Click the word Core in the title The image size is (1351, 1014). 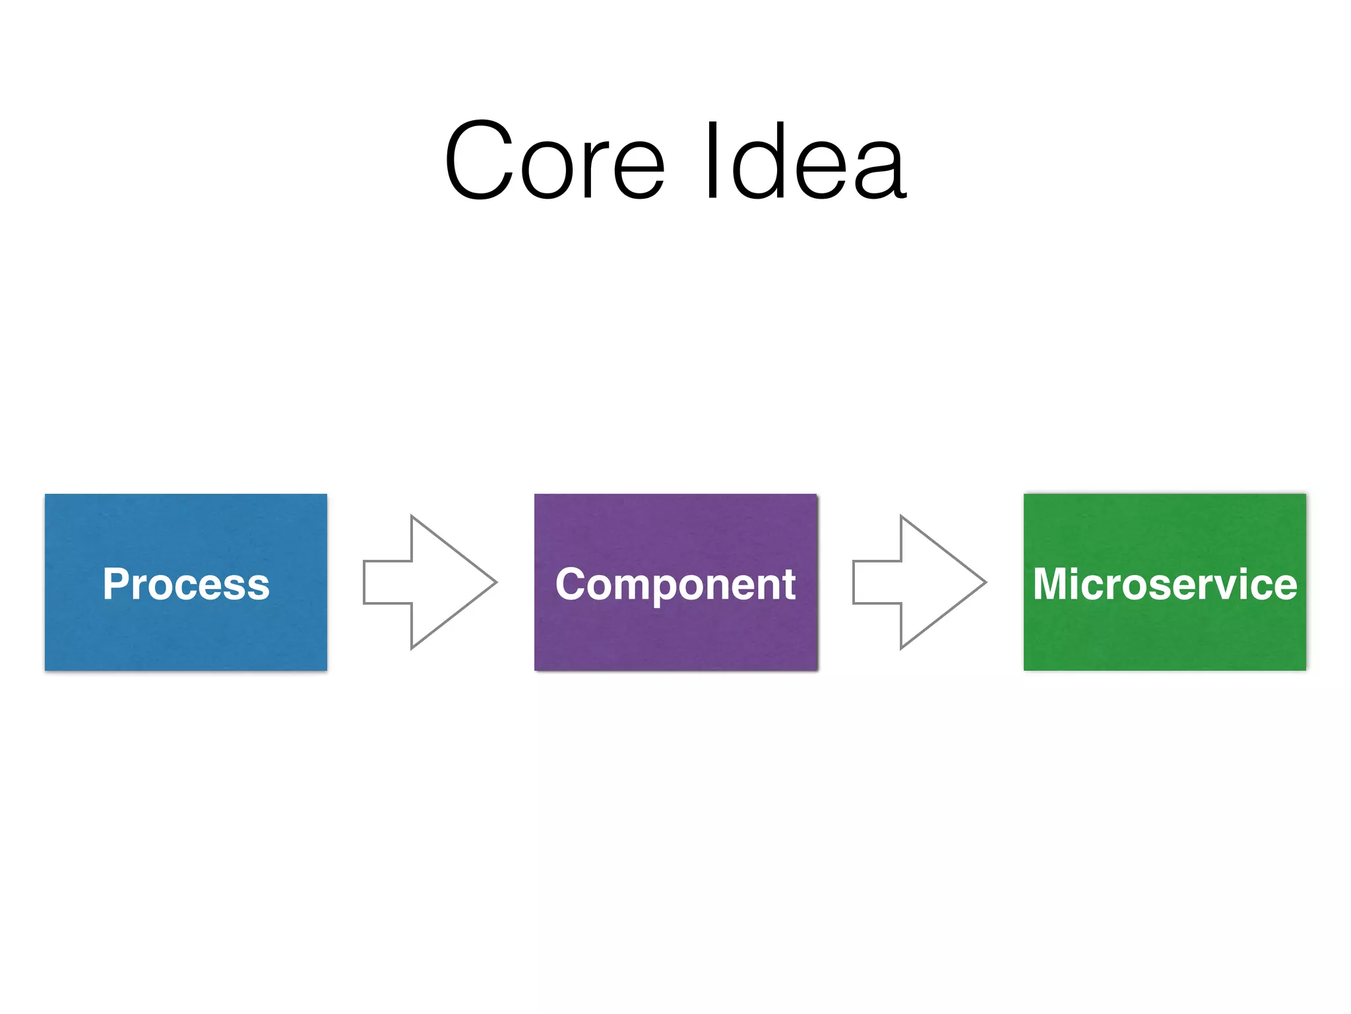(x=554, y=160)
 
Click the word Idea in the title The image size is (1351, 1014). (x=805, y=160)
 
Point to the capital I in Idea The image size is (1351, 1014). (x=712, y=160)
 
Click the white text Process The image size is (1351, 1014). (x=186, y=584)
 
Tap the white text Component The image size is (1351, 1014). (x=675, y=584)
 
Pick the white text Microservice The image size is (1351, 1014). (x=1164, y=584)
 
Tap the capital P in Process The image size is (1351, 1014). (x=115, y=584)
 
